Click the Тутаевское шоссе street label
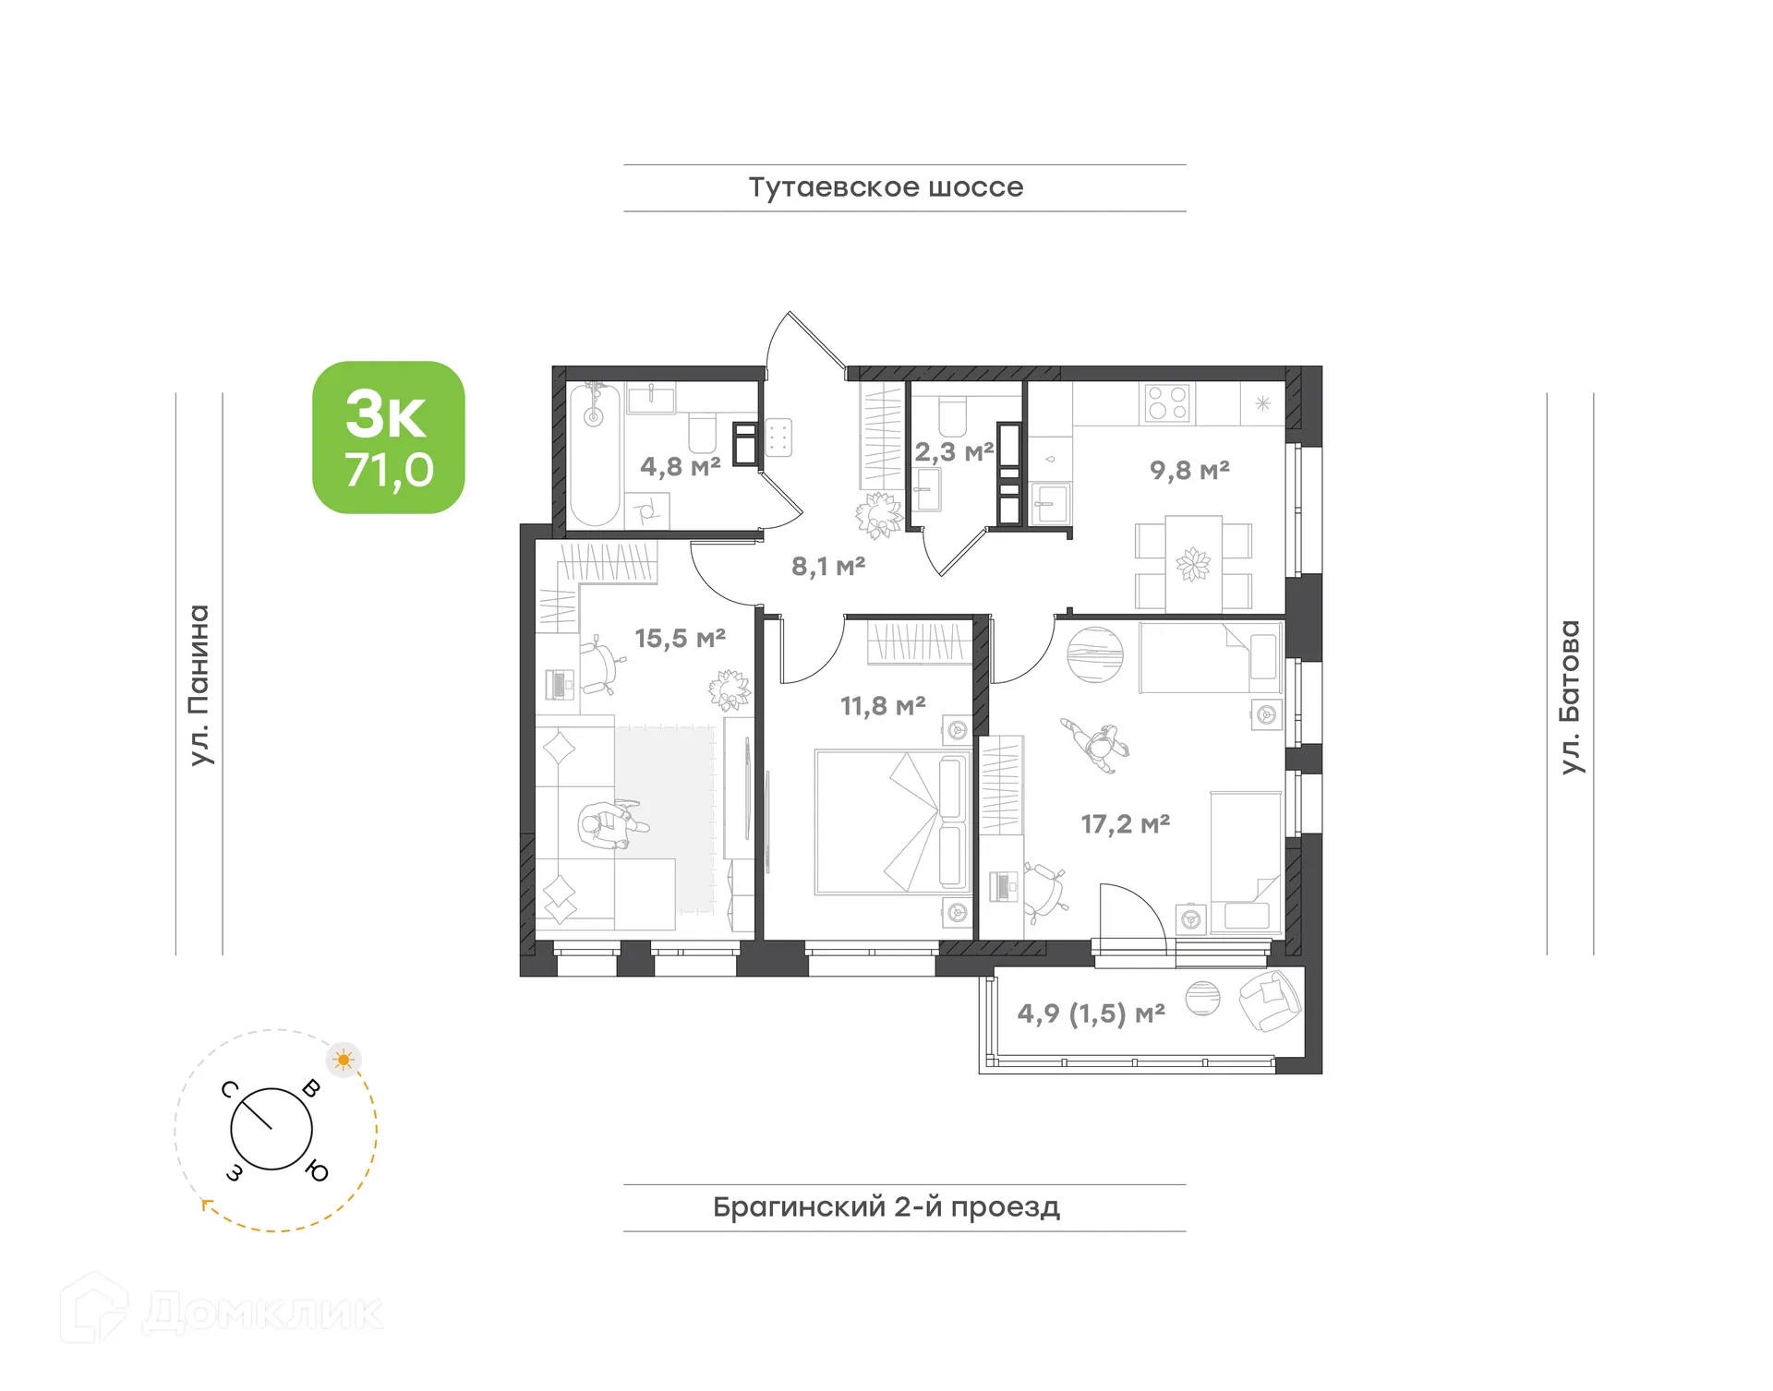coord(886,187)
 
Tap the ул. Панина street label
coord(199,685)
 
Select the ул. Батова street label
coord(1570,697)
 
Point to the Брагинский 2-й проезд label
coord(886,1206)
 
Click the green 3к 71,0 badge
coord(389,438)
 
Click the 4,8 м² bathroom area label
coord(680,467)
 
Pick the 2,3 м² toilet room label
coord(954,452)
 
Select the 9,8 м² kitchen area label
coord(1189,470)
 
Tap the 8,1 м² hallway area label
coord(828,566)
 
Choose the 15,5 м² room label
coord(680,638)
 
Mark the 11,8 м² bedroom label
coord(883,706)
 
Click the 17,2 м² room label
coord(1126,823)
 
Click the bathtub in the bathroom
coord(594,455)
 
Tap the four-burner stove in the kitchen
coord(1167,403)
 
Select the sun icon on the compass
coord(344,1060)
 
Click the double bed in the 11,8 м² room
coord(891,822)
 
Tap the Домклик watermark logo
coord(222,1312)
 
